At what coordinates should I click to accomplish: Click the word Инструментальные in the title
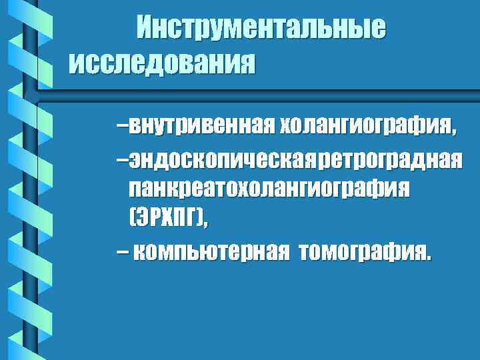click(x=261, y=29)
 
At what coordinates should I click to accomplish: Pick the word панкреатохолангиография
click(x=269, y=189)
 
